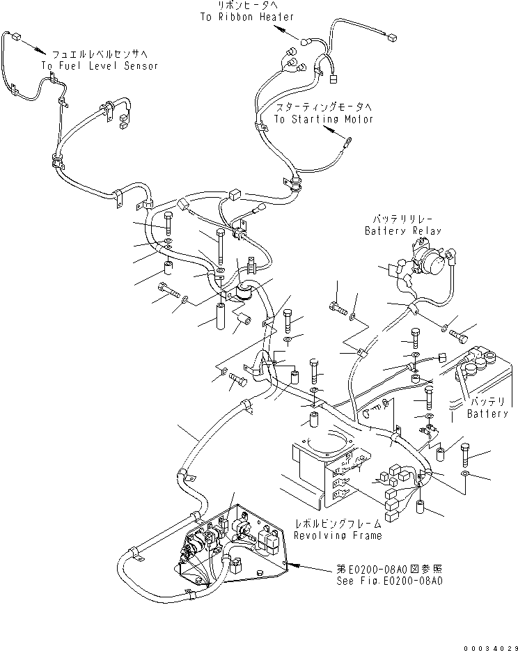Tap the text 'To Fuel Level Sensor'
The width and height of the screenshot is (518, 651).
100,65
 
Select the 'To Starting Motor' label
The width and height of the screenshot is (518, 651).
323,119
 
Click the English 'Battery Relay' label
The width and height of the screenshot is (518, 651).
403,230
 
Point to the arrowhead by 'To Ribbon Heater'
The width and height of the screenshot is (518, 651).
279,29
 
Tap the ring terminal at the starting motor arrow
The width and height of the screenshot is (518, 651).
345,143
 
